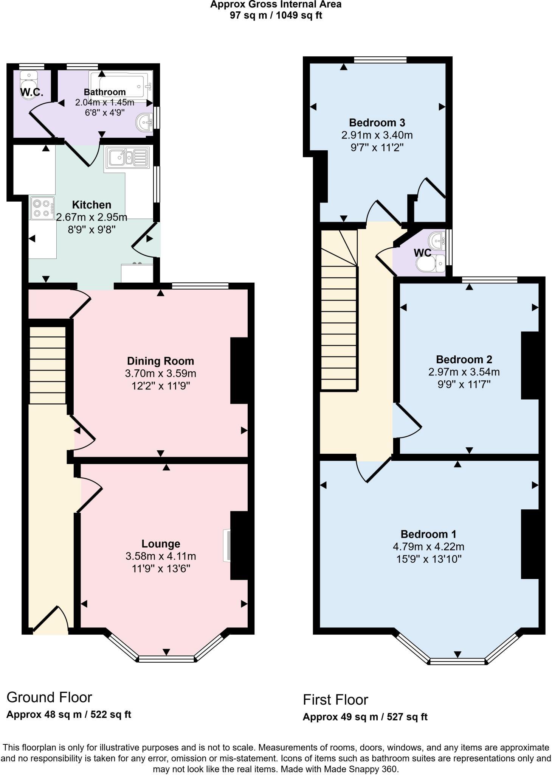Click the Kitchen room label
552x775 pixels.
(x=91, y=205)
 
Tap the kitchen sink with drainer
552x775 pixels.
(x=127, y=157)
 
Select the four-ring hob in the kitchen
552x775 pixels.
(x=42, y=208)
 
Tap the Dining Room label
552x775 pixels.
(x=160, y=361)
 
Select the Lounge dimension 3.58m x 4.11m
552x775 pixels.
(x=161, y=556)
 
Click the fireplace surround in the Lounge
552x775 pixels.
(x=226, y=545)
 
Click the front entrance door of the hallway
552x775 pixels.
(x=50, y=620)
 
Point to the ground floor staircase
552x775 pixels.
(x=48, y=365)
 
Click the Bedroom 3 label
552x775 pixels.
(x=377, y=123)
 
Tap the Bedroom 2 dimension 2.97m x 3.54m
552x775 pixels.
(x=464, y=372)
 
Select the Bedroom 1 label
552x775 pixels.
(x=428, y=534)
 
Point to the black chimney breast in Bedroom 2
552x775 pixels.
(x=530, y=365)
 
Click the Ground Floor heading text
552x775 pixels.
(x=49, y=697)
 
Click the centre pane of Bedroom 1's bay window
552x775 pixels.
(x=457, y=661)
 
